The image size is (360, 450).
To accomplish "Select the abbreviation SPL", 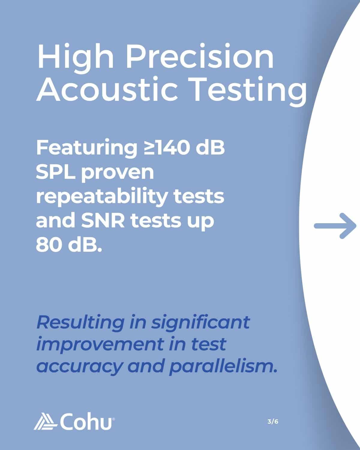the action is [x=55, y=172].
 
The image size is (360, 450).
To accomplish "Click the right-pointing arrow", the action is [x=335, y=226].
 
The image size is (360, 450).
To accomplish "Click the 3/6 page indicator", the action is [x=273, y=421].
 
